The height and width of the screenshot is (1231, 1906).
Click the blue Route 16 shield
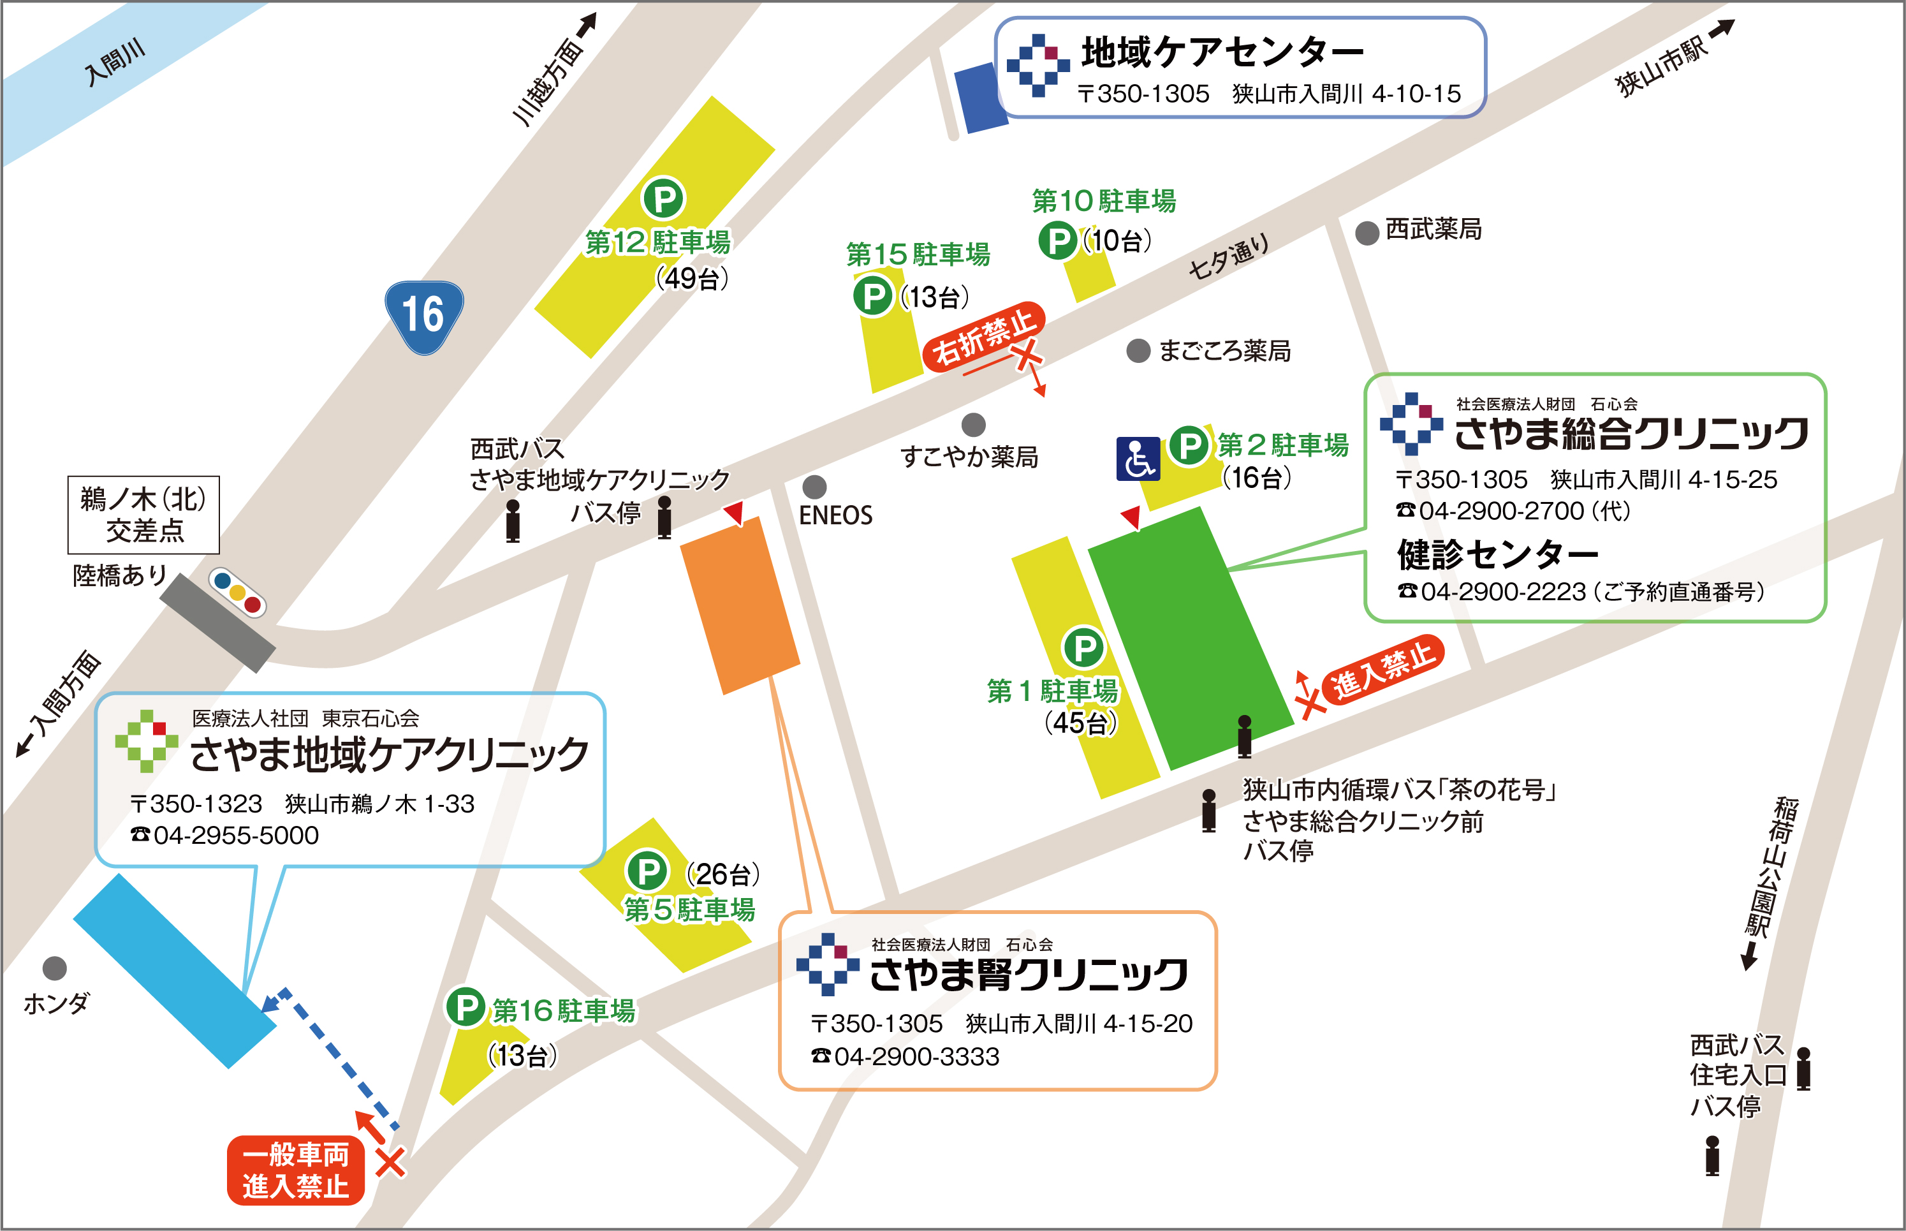[x=423, y=316]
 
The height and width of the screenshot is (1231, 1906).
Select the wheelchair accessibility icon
[x=1138, y=459]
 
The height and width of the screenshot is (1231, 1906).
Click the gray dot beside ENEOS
[x=814, y=486]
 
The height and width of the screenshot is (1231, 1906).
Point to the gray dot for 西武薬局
[x=1367, y=233]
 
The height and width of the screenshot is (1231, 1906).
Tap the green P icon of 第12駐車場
[x=663, y=198]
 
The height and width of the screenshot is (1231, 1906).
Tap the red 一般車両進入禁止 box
[x=296, y=1170]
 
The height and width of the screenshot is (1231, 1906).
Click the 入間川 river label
[x=115, y=61]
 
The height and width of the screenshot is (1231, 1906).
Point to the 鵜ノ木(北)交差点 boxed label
[x=144, y=515]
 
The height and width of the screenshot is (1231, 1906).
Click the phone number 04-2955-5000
[x=236, y=836]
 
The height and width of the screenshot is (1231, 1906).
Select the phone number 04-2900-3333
[x=916, y=1057]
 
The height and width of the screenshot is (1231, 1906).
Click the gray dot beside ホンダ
[x=54, y=968]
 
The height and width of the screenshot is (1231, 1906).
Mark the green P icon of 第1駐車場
[x=1083, y=647]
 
